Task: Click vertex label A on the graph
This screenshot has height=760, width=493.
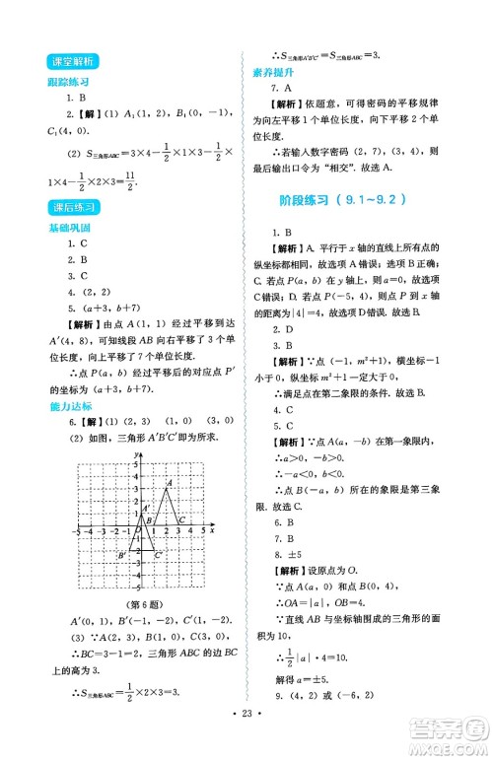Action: tap(168, 483)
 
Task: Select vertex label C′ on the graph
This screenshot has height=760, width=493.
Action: tap(159, 557)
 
